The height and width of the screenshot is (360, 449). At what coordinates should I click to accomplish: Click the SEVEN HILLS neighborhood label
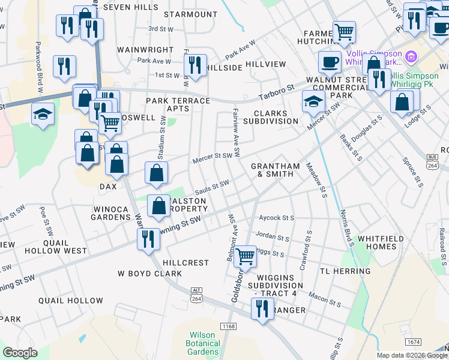click(x=130, y=7)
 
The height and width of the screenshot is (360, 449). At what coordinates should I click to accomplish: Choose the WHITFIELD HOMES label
click(x=385, y=242)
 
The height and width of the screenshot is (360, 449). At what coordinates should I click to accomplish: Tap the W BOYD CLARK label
click(x=149, y=274)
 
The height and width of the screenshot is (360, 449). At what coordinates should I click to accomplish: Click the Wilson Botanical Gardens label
click(x=202, y=343)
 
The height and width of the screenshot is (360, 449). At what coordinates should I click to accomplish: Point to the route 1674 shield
click(x=413, y=341)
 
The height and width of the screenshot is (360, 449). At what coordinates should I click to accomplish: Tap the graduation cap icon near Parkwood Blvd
click(x=43, y=114)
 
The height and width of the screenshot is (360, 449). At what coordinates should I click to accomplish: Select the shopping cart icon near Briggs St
click(x=245, y=256)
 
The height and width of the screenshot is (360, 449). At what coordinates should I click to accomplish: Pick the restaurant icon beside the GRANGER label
click(x=262, y=309)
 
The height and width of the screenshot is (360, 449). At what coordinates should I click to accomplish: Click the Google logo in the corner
click(x=20, y=353)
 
